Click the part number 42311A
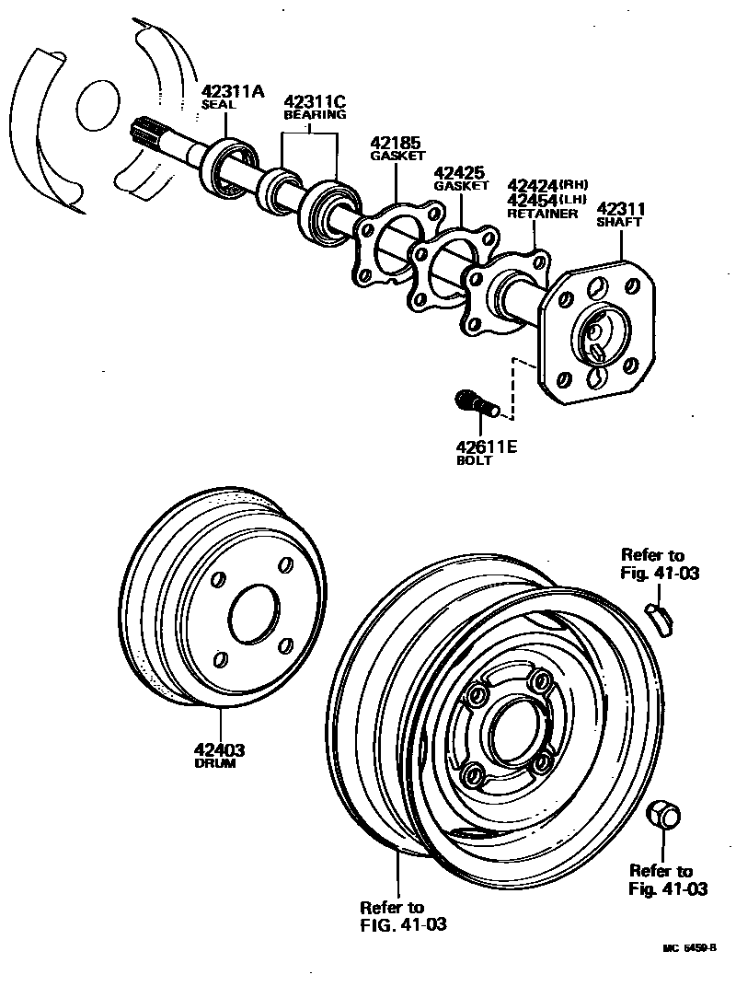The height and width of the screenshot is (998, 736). [x=233, y=91]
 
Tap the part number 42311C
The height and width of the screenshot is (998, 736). [x=315, y=101]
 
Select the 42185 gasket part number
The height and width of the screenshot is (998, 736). [x=396, y=143]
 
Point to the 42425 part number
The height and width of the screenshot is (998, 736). [x=459, y=171]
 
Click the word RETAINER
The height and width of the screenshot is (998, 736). [x=543, y=214]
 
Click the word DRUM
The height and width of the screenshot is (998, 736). [x=214, y=764]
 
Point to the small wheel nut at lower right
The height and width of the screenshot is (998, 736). [x=662, y=815]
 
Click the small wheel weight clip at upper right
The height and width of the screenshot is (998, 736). [x=660, y=617]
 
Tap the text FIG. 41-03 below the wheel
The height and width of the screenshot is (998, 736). [x=404, y=924]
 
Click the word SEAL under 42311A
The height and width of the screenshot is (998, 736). [x=219, y=105]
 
